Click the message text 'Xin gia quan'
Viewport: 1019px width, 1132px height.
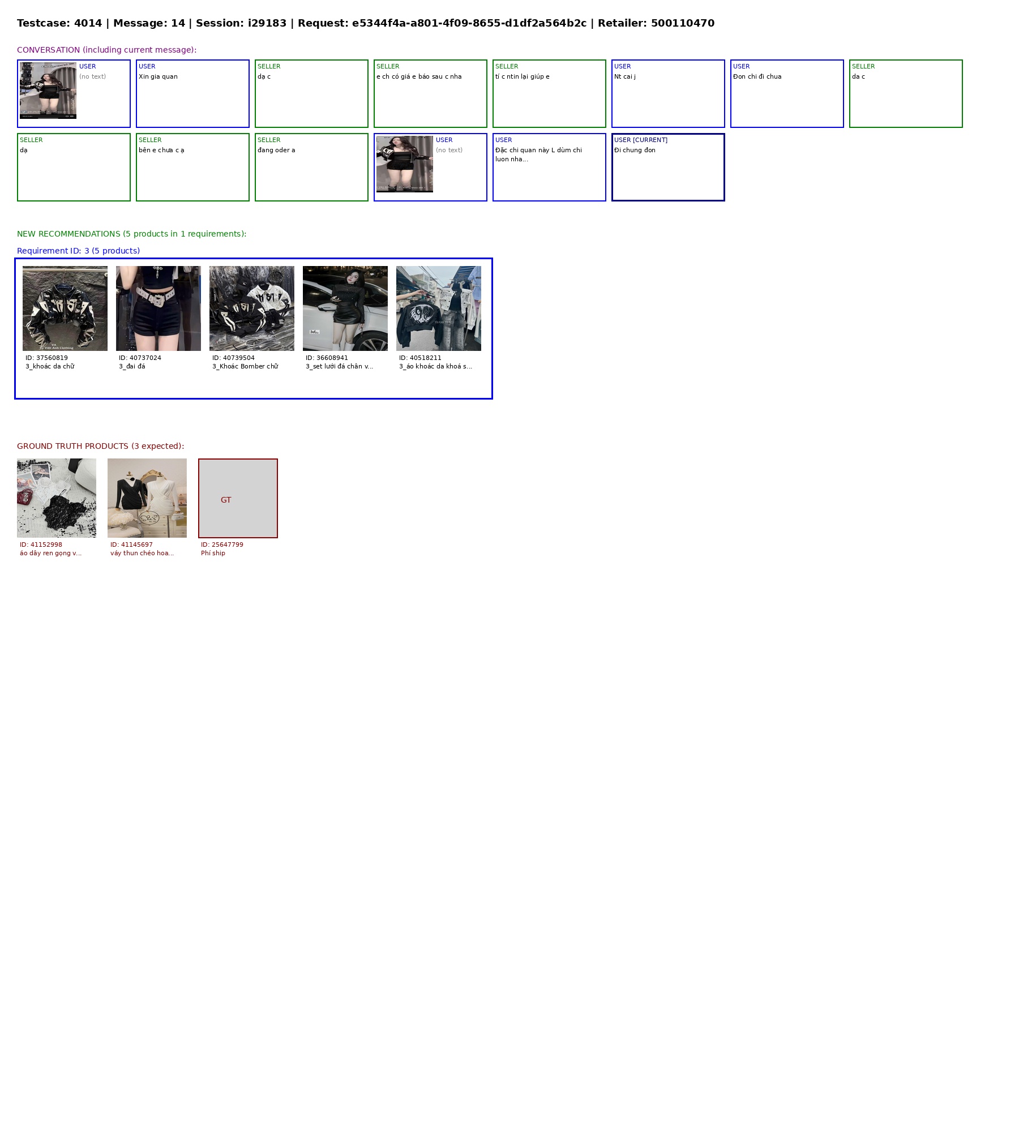tap(158, 77)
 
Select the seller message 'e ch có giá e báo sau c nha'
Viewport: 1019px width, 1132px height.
tap(419, 77)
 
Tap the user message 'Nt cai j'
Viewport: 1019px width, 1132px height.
tap(625, 77)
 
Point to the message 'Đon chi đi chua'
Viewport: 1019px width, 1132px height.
tap(757, 77)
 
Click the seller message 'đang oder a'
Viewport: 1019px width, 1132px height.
tap(276, 151)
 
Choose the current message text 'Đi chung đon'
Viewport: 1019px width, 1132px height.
tap(635, 151)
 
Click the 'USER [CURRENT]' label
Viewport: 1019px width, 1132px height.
tap(641, 140)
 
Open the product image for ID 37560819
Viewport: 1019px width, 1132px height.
tap(65, 308)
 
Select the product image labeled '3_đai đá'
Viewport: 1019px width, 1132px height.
tap(159, 308)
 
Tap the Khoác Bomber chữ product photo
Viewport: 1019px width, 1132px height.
tap(252, 308)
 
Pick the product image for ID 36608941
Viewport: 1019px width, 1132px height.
tap(345, 308)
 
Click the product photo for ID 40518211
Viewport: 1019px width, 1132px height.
tap(439, 308)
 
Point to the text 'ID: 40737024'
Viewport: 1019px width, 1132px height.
tap(140, 358)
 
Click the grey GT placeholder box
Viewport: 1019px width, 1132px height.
tap(238, 498)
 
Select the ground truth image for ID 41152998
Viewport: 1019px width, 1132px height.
tap(57, 498)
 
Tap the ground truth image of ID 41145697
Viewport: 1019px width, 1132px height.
tap(147, 498)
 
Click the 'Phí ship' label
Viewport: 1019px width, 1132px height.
tap(213, 554)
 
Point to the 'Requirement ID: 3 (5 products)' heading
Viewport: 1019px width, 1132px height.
tap(78, 251)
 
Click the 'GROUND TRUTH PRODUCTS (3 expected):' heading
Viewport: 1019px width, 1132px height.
tap(100, 446)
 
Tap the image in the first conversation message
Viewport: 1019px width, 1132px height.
tap(48, 91)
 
